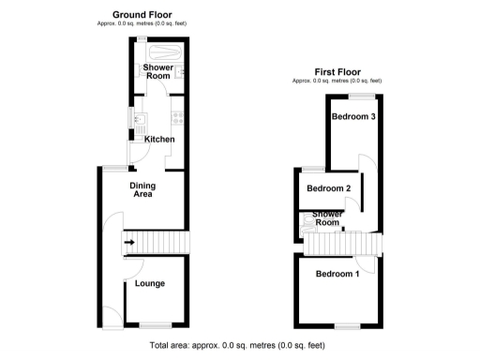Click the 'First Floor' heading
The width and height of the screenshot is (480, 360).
[x=337, y=71]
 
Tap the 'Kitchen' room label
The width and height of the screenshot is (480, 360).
[x=159, y=140]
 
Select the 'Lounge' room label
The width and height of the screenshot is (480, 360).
[x=150, y=283]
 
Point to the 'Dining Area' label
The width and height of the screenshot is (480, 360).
[x=142, y=191]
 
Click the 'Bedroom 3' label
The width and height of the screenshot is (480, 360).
[x=354, y=117]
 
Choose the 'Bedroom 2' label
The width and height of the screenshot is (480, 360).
[x=328, y=188]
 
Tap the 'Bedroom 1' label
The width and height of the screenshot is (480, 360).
[x=337, y=274]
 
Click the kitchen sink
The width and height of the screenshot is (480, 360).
[x=140, y=120]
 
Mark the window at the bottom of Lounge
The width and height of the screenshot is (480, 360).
[x=150, y=323]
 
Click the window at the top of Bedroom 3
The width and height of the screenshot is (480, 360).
[x=364, y=97]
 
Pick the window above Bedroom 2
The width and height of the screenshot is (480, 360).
[x=308, y=169]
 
